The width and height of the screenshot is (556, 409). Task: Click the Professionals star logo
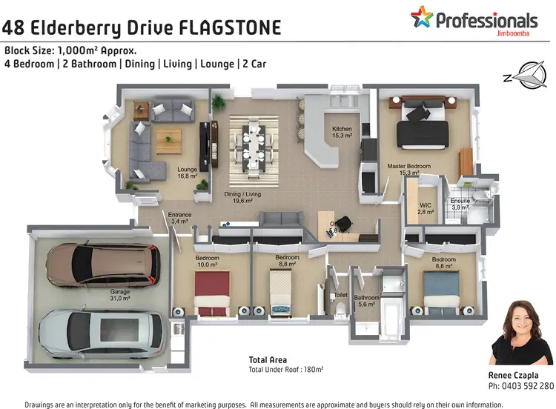pos(422,17)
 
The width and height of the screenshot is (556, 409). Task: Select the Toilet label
pos(340,294)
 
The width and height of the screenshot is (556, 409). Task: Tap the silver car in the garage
pos(102,330)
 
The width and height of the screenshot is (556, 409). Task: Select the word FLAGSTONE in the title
pos(231,28)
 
